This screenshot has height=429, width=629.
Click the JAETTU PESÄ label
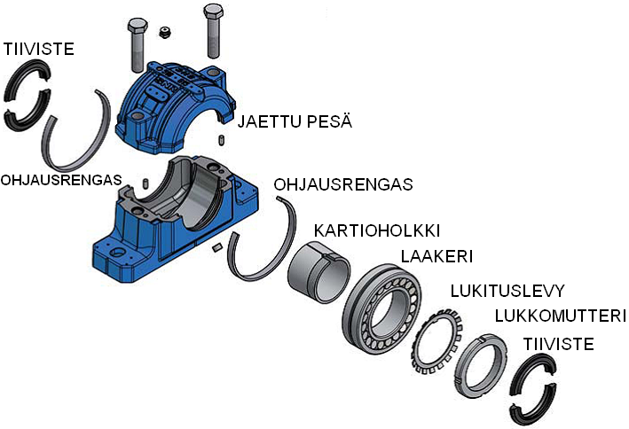(x=295, y=121)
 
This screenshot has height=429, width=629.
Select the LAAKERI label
(x=436, y=256)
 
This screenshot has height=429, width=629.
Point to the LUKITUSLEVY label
(x=507, y=291)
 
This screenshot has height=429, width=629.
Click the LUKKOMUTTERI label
(x=560, y=316)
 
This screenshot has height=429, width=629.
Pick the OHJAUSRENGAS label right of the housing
(x=344, y=185)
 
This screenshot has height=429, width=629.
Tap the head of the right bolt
(x=213, y=12)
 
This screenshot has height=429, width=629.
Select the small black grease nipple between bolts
(x=163, y=33)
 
